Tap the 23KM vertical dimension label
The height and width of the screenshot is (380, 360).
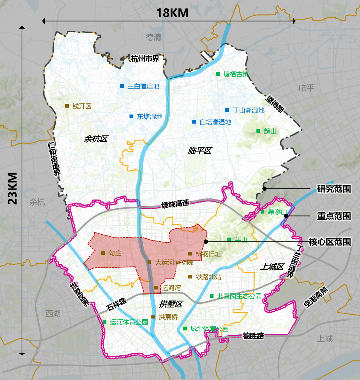(13, 188)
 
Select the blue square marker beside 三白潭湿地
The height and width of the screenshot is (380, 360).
(122, 86)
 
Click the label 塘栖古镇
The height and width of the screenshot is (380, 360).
(236, 74)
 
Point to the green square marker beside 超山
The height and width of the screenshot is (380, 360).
(258, 131)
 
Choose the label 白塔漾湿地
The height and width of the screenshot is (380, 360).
(215, 122)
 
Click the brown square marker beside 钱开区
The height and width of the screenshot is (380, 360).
(67, 106)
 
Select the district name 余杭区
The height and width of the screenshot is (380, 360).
(96, 139)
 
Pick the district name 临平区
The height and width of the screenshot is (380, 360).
(200, 151)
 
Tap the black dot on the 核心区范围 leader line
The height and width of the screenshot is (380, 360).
(206, 241)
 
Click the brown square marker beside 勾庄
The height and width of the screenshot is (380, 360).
(103, 253)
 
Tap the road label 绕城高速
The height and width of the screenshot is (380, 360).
(175, 204)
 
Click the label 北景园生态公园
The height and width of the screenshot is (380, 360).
(239, 296)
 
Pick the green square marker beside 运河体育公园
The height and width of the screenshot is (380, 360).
(105, 322)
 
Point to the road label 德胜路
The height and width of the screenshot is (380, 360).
(254, 336)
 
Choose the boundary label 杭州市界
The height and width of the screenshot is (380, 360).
(145, 59)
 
